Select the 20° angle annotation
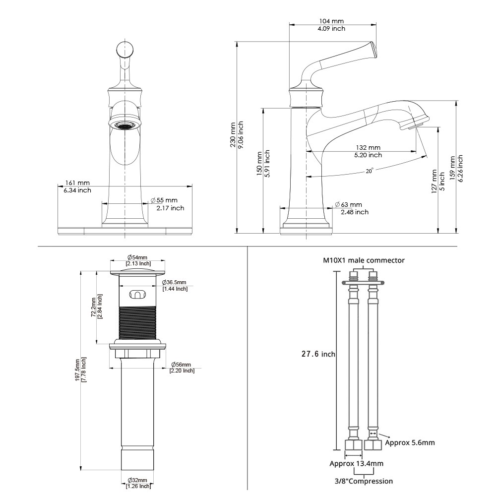pyautogui.click(x=369, y=170)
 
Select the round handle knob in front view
pyautogui.click(x=125, y=50)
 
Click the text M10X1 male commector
pyautogui.click(x=364, y=260)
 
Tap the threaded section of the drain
pyautogui.click(x=138, y=322)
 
